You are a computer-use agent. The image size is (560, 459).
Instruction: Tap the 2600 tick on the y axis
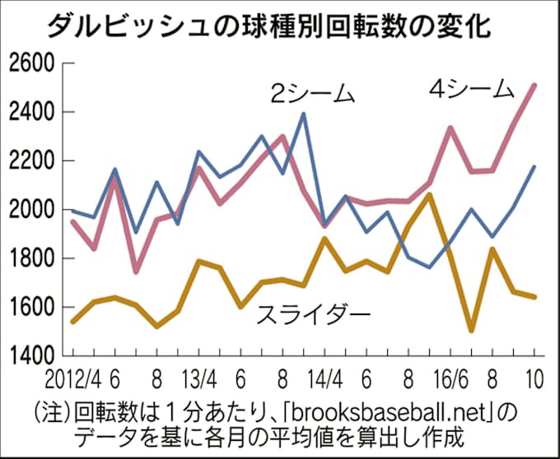tap(29, 63)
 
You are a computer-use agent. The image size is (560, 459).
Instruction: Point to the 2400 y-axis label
tap(29, 112)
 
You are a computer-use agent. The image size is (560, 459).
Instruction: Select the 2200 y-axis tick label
tap(29, 161)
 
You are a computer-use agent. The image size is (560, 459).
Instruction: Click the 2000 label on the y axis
tap(29, 210)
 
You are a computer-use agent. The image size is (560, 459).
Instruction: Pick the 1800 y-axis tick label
tap(29, 258)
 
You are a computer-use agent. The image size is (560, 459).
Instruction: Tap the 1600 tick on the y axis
tap(29, 307)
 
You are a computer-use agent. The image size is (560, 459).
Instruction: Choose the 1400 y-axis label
tap(29, 356)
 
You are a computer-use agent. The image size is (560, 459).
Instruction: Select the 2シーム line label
tap(314, 93)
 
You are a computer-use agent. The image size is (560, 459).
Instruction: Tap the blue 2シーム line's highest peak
tap(304, 114)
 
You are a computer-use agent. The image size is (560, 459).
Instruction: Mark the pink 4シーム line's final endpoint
tap(534, 85)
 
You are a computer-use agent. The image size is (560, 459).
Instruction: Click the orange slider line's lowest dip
tap(471, 331)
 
